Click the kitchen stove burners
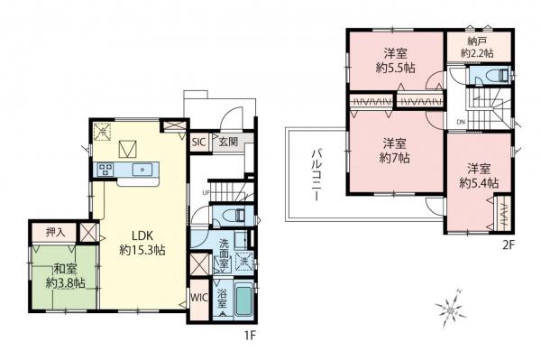coord(105,169)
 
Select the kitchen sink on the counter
coord(142,169)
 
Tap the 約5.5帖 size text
coord(397,67)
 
